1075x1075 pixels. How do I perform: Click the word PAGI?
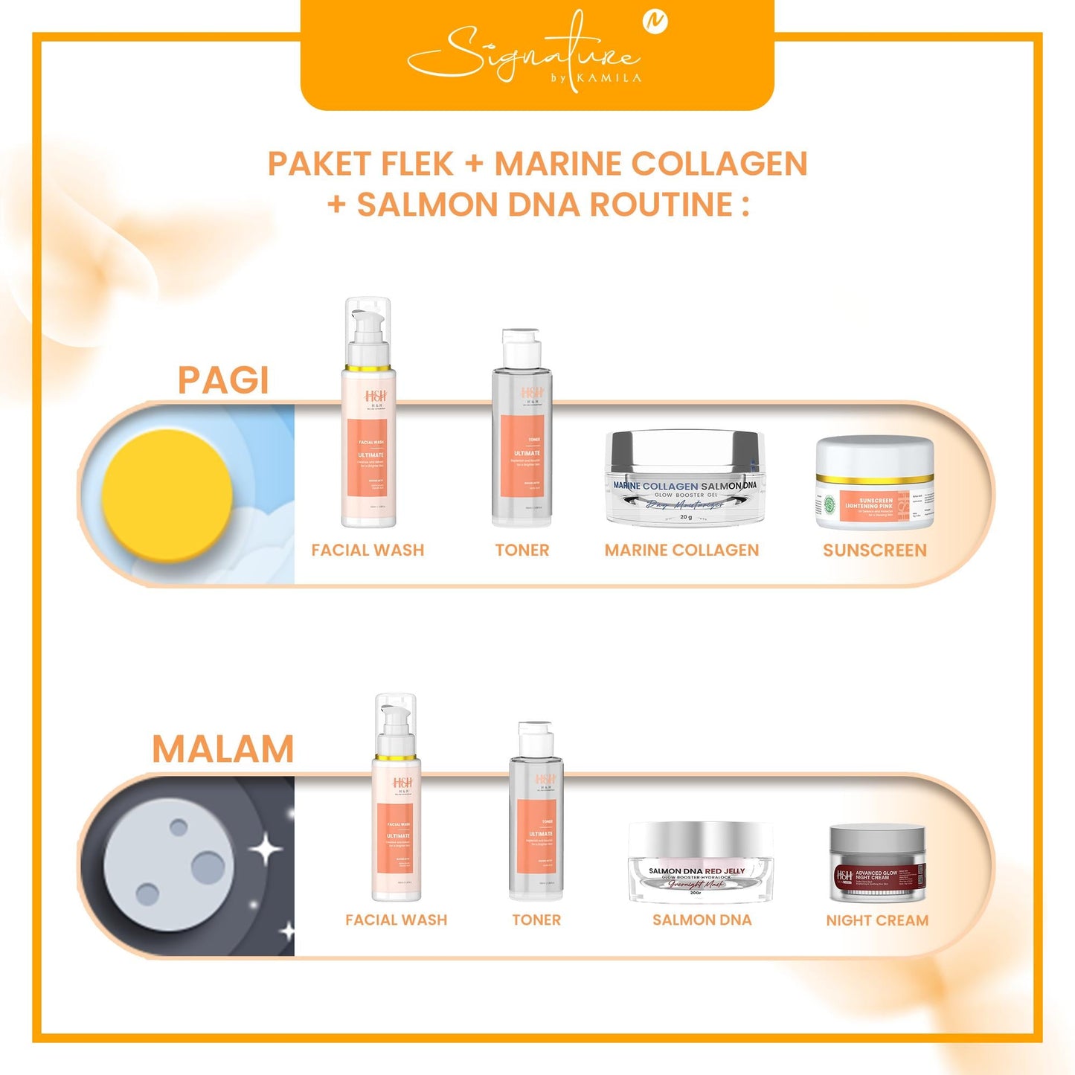pyautogui.click(x=222, y=380)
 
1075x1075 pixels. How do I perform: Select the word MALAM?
pyautogui.click(x=223, y=748)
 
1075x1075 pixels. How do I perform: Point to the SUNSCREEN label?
pyautogui.click(x=874, y=551)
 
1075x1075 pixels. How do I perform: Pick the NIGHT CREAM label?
pyautogui.click(x=877, y=920)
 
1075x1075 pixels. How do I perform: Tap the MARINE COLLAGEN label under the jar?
pyautogui.click(x=681, y=551)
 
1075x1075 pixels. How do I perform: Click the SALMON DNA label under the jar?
pyautogui.click(x=702, y=920)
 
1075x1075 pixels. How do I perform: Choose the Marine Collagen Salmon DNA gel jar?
pyautogui.click(x=685, y=478)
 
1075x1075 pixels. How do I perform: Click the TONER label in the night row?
pyautogui.click(x=536, y=920)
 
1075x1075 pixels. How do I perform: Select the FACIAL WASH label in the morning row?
pyautogui.click(x=368, y=551)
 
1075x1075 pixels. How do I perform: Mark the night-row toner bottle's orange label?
pyautogui.click(x=536, y=836)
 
